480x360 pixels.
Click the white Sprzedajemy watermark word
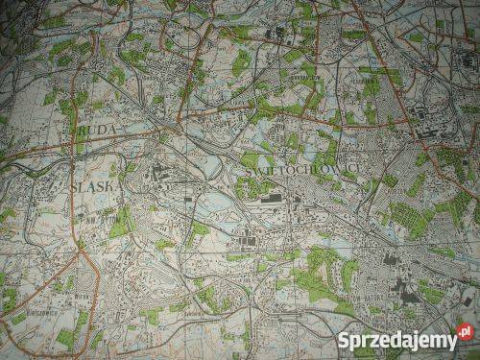(x=396, y=340)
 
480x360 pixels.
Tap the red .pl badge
(x=466, y=333)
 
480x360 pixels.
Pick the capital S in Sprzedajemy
(x=344, y=339)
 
